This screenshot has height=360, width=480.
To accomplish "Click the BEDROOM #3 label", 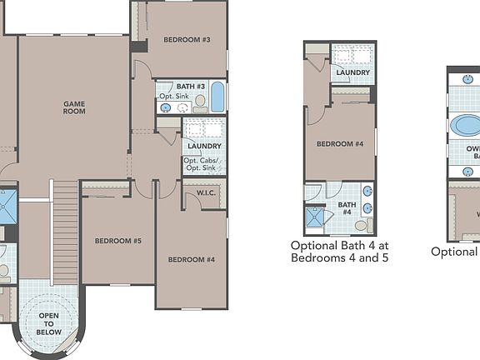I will coord(187,39).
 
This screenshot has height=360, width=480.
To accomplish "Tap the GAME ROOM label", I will coord(75,107).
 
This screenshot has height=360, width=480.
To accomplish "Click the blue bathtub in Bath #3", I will coord(217,97).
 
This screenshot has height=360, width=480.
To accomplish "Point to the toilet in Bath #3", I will coord(200,102).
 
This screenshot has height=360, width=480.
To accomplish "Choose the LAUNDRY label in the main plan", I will coord(204,146).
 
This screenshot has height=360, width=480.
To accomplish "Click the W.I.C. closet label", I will coord(207,194).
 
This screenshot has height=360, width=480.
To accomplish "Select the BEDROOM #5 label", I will coord(117,241).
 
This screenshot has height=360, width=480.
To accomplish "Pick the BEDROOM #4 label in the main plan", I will coord(192,259).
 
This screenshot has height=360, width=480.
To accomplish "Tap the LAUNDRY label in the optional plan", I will coord(353,72).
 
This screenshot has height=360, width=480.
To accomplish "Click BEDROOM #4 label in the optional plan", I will coord(340,143).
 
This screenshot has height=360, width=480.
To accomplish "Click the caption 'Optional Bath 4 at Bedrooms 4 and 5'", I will coord(339,252).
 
